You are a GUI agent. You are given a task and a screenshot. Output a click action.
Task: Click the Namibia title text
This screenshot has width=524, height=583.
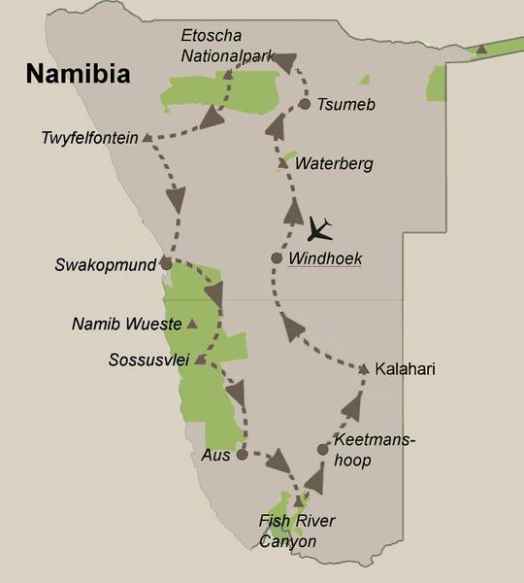[x=79, y=74]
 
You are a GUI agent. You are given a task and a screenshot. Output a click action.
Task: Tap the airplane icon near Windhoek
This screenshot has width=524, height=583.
[x=319, y=230]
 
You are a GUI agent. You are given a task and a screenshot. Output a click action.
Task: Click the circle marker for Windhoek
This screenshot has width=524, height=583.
[x=277, y=258]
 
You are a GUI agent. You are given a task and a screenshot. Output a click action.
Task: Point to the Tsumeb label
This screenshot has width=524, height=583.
[x=342, y=104]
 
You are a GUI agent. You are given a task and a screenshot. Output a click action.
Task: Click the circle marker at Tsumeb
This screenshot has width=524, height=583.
[x=305, y=103]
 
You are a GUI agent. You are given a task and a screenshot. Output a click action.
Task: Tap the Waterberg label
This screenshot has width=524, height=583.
[x=333, y=163]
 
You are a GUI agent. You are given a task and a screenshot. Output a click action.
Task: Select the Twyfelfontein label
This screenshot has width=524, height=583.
[x=89, y=138]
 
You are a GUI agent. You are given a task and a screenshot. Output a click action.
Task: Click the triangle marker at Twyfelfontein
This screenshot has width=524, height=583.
[x=147, y=138]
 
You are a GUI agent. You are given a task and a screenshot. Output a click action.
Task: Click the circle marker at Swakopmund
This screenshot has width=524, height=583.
[x=166, y=262]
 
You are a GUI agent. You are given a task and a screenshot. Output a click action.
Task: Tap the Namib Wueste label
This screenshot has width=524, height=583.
[x=127, y=323]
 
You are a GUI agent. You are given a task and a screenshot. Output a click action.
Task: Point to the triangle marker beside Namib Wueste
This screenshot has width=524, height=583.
[x=192, y=323]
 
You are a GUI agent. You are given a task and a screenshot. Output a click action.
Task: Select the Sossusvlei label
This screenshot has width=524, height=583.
[x=147, y=360]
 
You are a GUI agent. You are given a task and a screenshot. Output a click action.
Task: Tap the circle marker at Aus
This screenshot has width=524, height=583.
[x=242, y=453]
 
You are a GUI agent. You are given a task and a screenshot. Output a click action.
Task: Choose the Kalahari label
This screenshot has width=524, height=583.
[x=406, y=369]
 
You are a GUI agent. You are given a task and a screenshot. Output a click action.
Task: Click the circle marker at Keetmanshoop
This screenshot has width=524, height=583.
[x=323, y=449]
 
